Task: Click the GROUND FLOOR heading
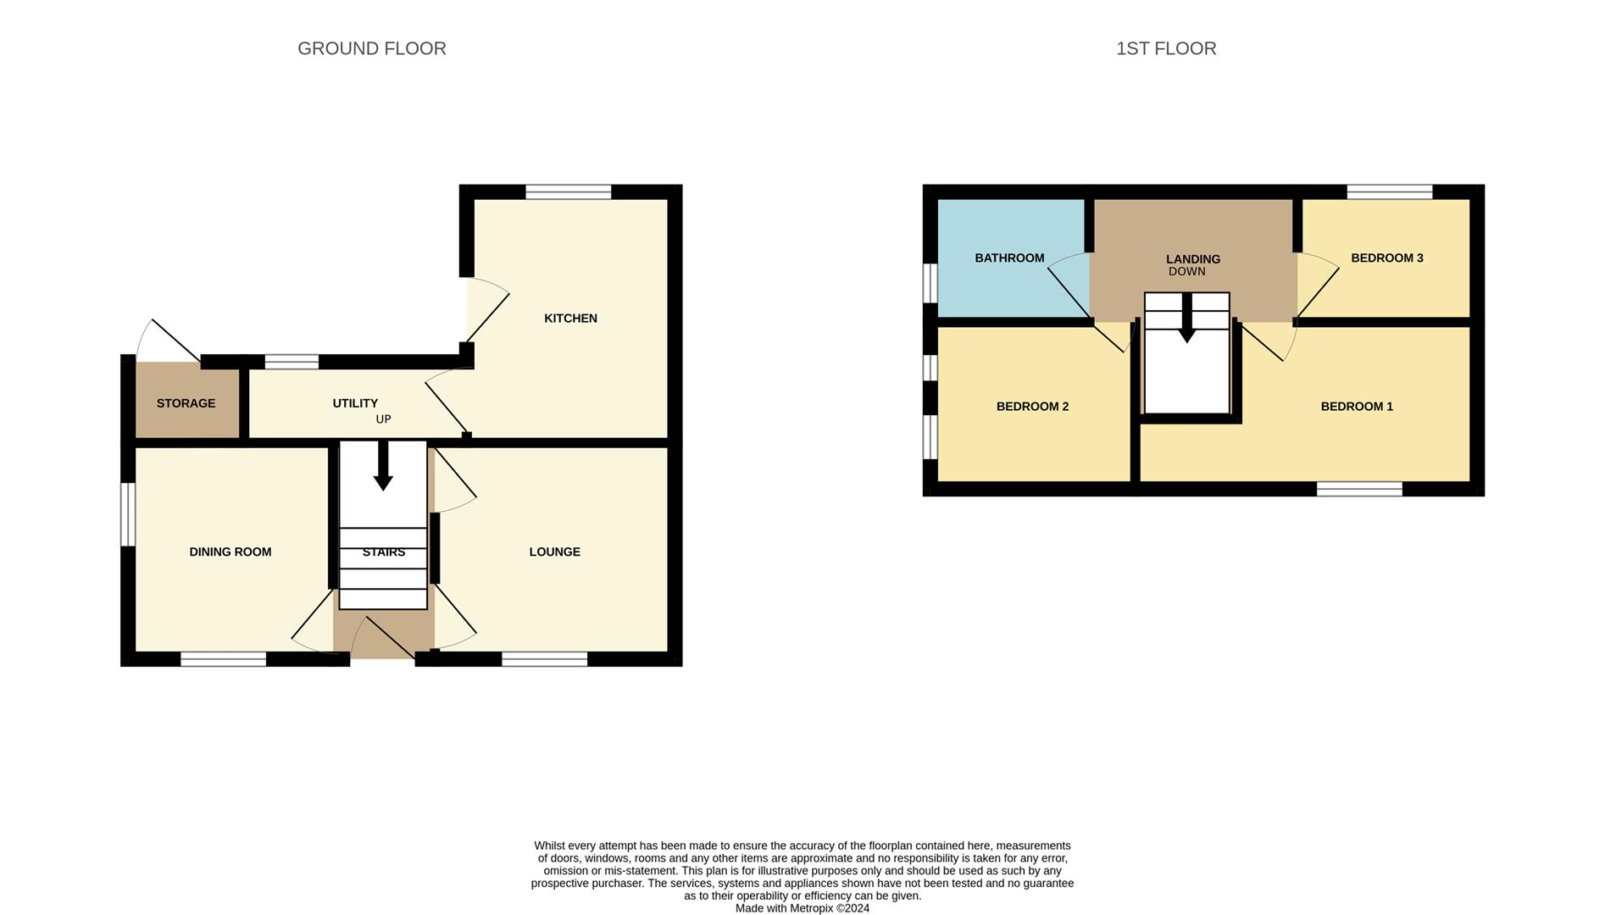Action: (x=371, y=48)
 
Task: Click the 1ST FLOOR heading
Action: (x=1165, y=48)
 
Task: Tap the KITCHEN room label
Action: (x=570, y=318)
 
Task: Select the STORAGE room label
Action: (x=186, y=403)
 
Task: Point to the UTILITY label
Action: (x=355, y=403)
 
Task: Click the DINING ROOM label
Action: (x=230, y=552)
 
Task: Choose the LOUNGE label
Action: (x=554, y=552)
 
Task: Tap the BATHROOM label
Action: (x=1008, y=258)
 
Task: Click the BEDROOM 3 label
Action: (x=1386, y=258)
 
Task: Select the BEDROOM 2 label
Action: (x=1031, y=407)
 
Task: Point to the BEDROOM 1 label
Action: (x=1356, y=407)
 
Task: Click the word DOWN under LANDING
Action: (x=1186, y=272)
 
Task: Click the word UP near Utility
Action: (x=383, y=419)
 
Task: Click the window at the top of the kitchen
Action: (x=568, y=192)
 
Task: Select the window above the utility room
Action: (x=291, y=362)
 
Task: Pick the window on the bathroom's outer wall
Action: (x=930, y=282)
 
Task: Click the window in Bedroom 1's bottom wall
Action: (x=1358, y=489)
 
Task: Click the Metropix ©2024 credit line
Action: (x=802, y=908)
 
